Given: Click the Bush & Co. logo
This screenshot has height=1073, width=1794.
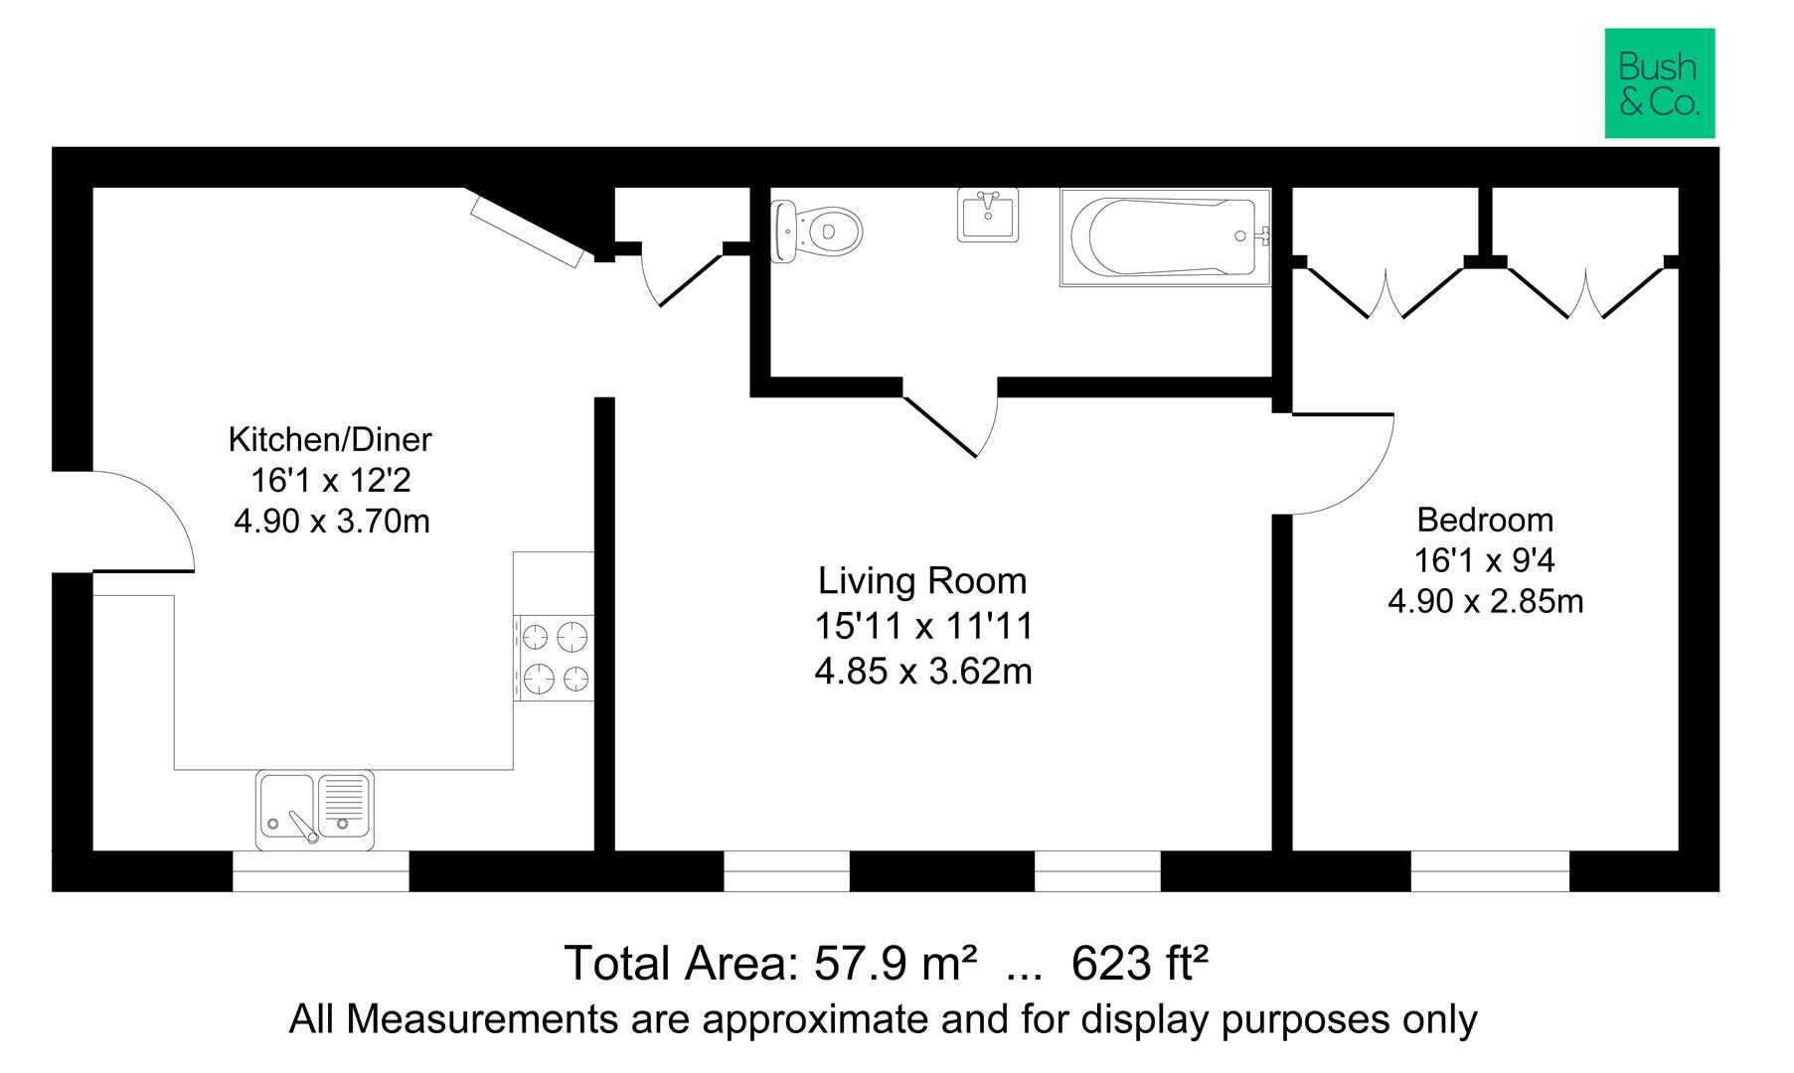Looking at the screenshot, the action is pyautogui.click(x=1660, y=83).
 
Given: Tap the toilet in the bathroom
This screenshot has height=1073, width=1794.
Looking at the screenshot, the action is pyautogui.click(x=816, y=231).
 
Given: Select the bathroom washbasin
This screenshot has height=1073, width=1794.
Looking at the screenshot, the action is pyautogui.click(x=988, y=214).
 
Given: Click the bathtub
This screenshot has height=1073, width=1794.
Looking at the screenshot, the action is pyautogui.click(x=1166, y=237).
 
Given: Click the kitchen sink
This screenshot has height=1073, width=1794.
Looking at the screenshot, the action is pyautogui.click(x=315, y=810).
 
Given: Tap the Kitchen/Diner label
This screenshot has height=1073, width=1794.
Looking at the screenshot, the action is pyautogui.click(x=331, y=438).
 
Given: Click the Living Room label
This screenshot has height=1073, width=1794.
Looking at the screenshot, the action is pyautogui.click(x=922, y=580).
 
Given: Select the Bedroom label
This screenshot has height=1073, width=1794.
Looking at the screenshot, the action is pyautogui.click(x=1485, y=520).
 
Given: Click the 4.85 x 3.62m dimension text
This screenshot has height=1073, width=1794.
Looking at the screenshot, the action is pyautogui.click(x=923, y=673).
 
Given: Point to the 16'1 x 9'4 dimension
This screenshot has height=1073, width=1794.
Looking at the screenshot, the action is pyautogui.click(x=1485, y=561).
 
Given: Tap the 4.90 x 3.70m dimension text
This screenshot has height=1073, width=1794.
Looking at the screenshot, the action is pyautogui.click(x=331, y=521).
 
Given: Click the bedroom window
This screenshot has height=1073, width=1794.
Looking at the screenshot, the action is pyautogui.click(x=1490, y=871).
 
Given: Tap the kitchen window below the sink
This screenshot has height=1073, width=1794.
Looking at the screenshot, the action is pyautogui.click(x=321, y=871).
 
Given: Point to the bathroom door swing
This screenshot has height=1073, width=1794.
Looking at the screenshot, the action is pyautogui.click(x=960, y=428).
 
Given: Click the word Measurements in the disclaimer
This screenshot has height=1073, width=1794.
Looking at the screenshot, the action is pyautogui.click(x=510, y=1019).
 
